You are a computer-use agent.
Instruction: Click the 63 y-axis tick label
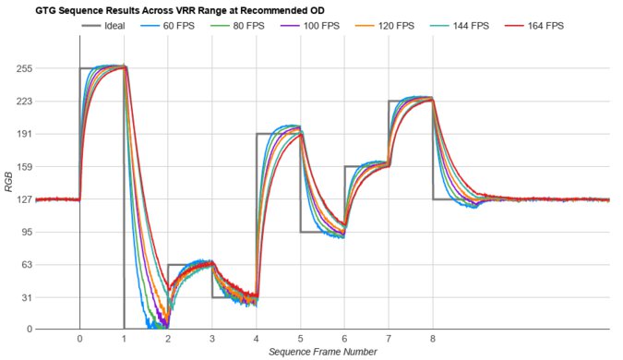click(x=23, y=265)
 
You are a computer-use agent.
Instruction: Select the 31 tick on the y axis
click(x=23, y=297)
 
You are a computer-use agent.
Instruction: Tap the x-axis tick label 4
click(x=257, y=339)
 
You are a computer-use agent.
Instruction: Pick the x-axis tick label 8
click(x=433, y=339)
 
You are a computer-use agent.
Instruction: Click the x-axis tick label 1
click(x=124, y=339)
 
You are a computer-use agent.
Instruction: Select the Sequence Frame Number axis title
click(x=322, y=352)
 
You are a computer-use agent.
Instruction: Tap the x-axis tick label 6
click(x=344, y=339)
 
